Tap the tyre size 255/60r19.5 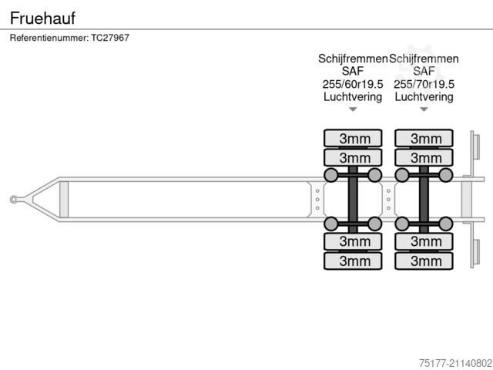[x=352, y=84]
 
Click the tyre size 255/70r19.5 [x=424, y=84]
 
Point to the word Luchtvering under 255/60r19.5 [x=352, y=96]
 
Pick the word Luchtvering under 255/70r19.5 [x=424, y=96]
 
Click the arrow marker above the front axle [x=353, y=109]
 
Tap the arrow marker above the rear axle [x=424, y=109]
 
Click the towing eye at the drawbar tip [x=15, y=200]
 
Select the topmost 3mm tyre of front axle [x=353, y=139]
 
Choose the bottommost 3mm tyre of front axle [x=353, y=261]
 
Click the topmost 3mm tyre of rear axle [x=424, y=139]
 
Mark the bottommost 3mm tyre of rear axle [x=424, y=261]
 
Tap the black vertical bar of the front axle [x=353, y=200]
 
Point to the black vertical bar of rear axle [x=424, y=200]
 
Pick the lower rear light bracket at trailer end [x=475, y=253]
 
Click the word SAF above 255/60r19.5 [x=352, y=71]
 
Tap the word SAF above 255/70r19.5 [x=424, y=71]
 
